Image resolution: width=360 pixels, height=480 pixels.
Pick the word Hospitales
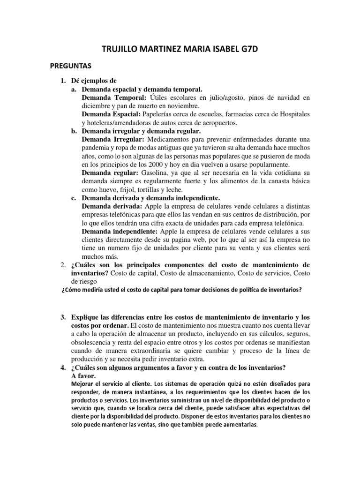291,114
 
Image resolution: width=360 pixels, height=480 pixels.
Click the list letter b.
74,131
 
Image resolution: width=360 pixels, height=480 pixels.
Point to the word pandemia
97,148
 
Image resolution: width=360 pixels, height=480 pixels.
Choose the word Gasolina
142,173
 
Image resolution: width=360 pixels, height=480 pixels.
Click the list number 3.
63,318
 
